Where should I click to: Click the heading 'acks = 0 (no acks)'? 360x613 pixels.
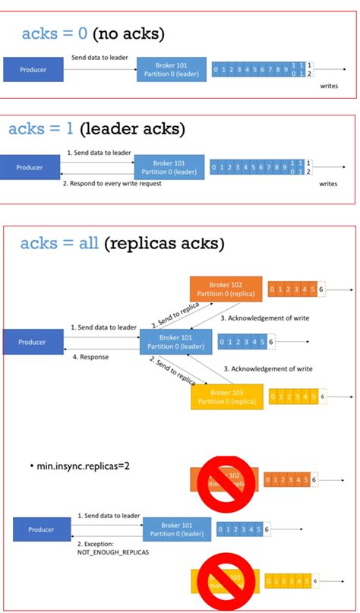point(93,33)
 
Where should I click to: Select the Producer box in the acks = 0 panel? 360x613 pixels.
point(32,70)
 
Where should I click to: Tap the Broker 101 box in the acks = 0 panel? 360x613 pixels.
point(170,70)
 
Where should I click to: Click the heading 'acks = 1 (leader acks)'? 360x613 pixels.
point(96,129)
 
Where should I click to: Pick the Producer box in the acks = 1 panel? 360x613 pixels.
point(31,167)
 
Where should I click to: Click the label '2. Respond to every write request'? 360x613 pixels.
point(111,184)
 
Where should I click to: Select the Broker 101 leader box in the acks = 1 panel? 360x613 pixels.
point(169,167)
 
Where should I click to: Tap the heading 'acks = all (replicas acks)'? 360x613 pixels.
point(122,243)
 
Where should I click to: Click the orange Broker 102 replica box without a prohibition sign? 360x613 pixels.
point(225,289)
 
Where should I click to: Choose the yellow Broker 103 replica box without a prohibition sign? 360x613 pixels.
point(226,397)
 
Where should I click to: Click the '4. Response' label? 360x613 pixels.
point(90,356)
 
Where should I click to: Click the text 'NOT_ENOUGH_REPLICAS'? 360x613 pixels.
point(113,553)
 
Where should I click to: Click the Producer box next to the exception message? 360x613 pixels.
point(42,529)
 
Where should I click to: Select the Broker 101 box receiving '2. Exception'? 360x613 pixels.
point(176,529)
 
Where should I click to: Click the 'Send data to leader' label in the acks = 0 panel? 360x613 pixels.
point(99,57)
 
